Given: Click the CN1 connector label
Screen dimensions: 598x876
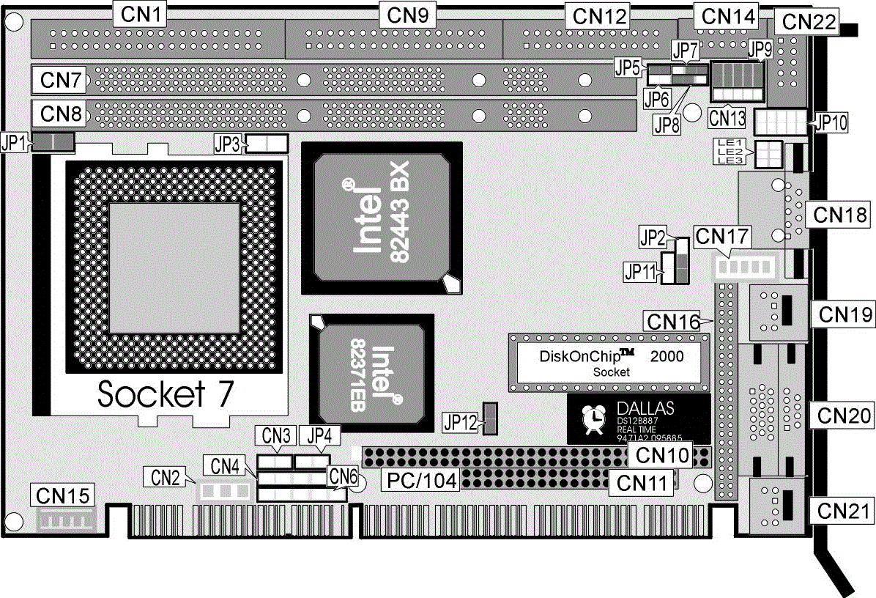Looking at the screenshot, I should tap(139, 12).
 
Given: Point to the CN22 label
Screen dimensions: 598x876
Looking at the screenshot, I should tap(809, 21).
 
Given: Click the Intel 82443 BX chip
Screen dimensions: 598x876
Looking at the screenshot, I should tap(381, 217).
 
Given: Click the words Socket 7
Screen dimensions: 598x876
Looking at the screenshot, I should tap(166, 394).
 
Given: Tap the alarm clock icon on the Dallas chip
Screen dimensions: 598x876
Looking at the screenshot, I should tap(592, 418).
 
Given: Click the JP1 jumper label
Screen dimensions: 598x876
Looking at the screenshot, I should tap(15, 142).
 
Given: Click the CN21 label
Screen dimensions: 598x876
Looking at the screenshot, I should tap(841, 509).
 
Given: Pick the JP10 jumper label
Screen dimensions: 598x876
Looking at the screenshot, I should tap(830, 122).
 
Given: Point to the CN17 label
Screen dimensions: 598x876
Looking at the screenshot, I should tap(724, 236).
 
